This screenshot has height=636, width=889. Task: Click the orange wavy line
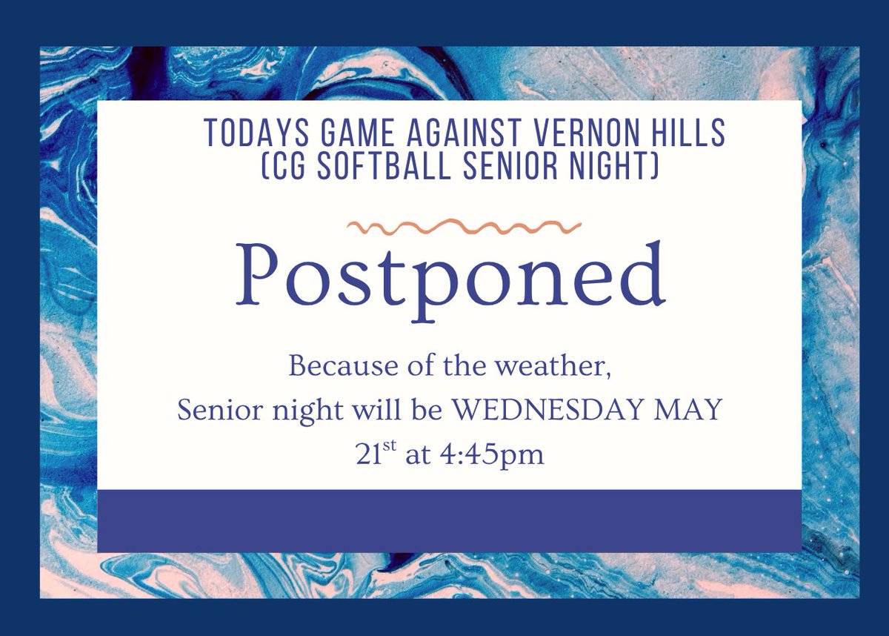[465, 225]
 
